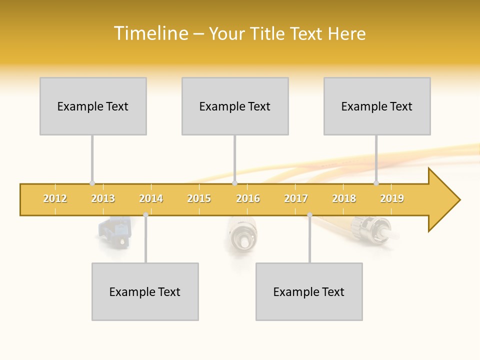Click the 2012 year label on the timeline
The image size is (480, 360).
coord(55,199)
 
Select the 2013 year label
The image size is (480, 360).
coord(103,199)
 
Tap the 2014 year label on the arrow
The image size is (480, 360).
coord(151,199)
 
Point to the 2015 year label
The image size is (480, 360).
coord(199,199)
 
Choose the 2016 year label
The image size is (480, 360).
coord(248,199)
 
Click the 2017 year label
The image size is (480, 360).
coord(296,199)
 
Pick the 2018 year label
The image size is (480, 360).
coord(344,199)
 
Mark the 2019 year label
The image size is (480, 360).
coord(392,199)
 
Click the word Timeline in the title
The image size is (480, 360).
coord(150,33)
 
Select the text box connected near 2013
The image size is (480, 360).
coord(93,106)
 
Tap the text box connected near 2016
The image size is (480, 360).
coord(235,106)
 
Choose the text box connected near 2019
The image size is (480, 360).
coord(377,106)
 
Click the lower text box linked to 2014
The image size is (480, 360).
coord(145,291)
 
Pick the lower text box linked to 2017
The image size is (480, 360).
coord(309,291)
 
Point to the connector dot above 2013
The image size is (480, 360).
coord(92,183)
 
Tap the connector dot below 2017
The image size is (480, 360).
coord(309,215)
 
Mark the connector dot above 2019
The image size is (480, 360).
coord(376,183)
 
